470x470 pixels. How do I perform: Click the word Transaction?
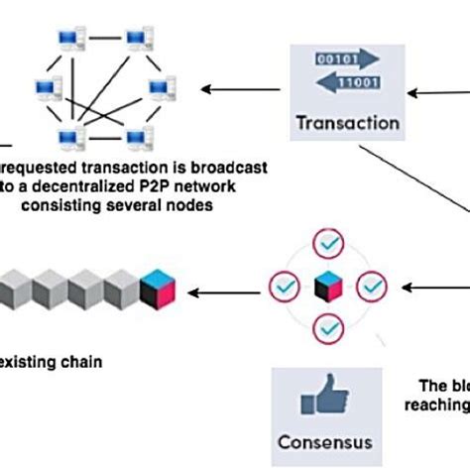[347, 124]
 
